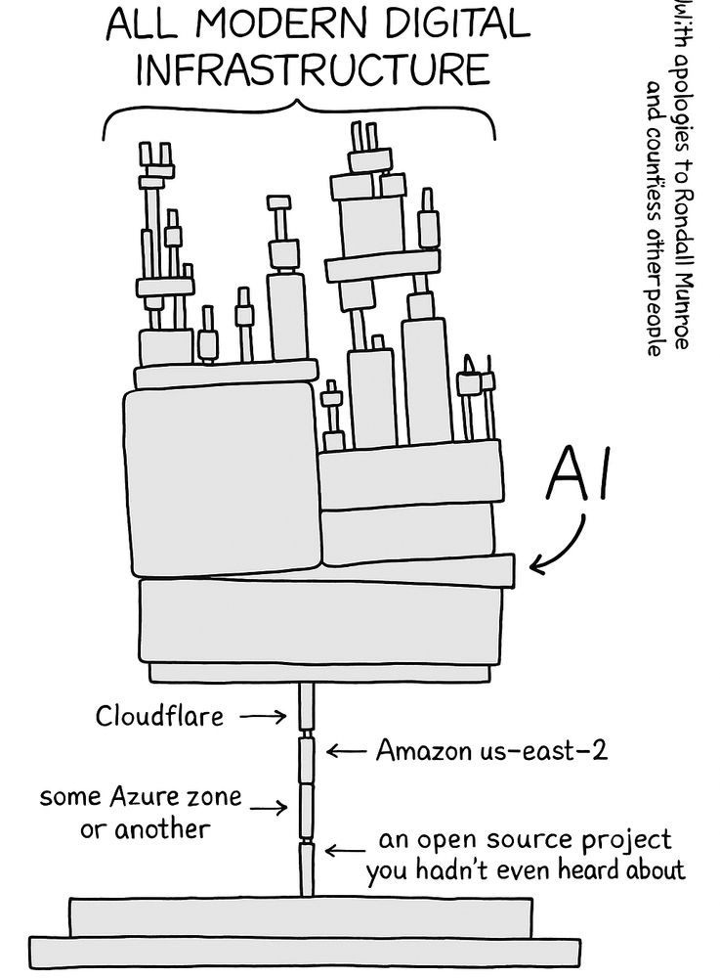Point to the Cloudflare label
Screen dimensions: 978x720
coord(159,716)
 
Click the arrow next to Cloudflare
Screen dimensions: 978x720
coord(262,717)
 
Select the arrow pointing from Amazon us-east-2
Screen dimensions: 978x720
coord(344,751)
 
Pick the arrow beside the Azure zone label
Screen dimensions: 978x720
coord(268,808)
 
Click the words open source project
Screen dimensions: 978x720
coord(526,840)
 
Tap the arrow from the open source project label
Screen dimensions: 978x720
coord(344,849)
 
